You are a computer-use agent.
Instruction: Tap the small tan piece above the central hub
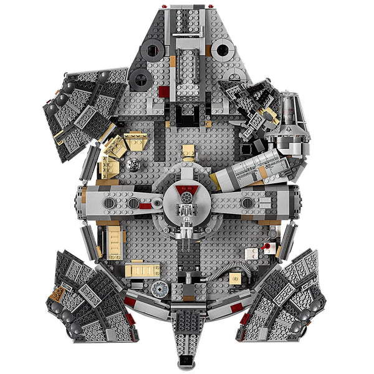188,153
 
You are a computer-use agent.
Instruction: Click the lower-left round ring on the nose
141,79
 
